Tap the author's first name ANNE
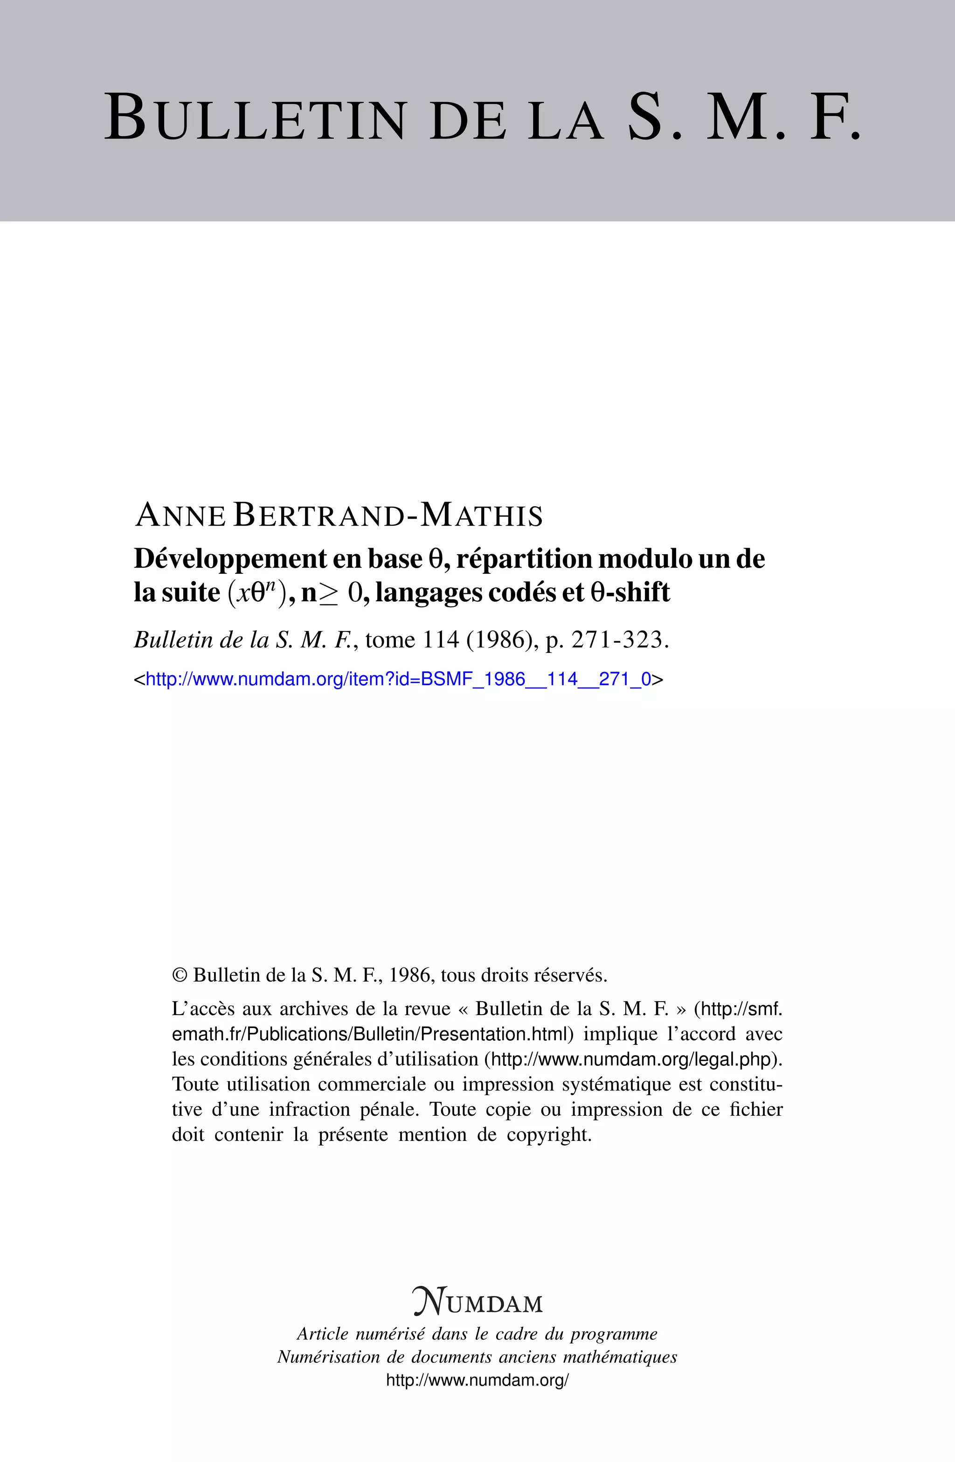pyautogui.click(x=180, y=515)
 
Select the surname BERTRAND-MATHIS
pyautogui.click(x=388, y=515)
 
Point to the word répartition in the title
pyautogui.click(x=524, y=558)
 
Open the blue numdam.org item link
pyautogui.click(x=398, y=680)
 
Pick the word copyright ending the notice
pyautogui.click(x=548, y=1134)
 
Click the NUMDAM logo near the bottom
pyautogui.click(x=477, y=1302)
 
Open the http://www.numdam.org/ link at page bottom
pyautogui.click(x=477, y=1381)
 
